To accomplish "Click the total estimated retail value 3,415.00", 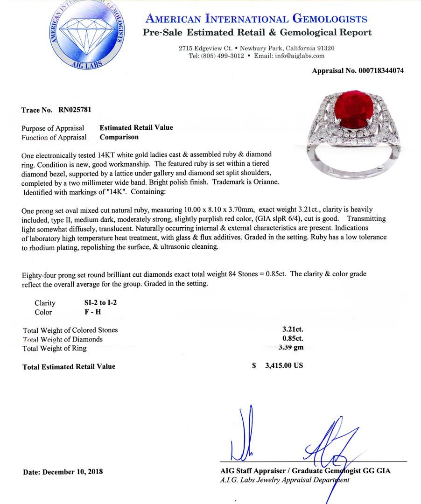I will [x=284, y=366].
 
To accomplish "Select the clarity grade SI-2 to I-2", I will [x=98, y=303].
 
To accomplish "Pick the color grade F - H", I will [x=88, y=312].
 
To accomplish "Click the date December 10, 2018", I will [x=72, y=472].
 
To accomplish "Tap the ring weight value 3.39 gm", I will [x=290, y=348].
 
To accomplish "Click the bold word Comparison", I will [x=119, y=137].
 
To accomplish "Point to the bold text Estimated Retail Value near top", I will [x=136, y=128].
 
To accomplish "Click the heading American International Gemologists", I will [x=256, y=19].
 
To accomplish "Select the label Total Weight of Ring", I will [x=55, y=348].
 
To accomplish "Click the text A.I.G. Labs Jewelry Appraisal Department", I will [x=285, y=480].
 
